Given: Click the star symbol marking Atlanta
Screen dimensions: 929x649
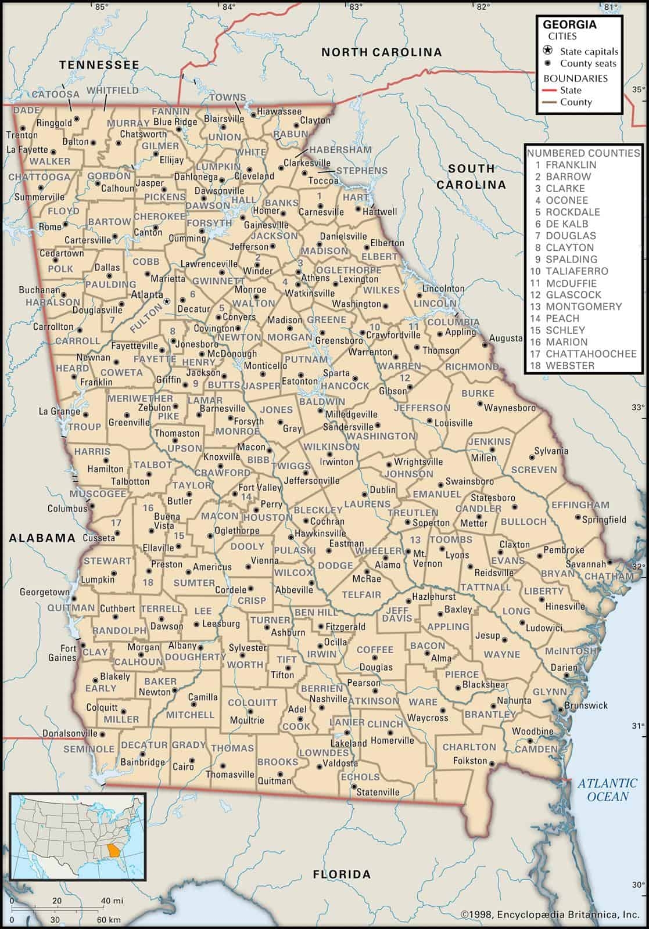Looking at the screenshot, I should click(167, 301).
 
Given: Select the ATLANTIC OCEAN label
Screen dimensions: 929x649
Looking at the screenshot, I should click(607, 790).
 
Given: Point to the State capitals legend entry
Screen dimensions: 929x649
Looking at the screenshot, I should click(589, 52).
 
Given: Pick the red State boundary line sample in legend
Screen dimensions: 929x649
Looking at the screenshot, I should click(550, 91).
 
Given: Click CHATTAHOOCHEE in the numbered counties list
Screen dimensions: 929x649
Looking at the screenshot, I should click(583, 354).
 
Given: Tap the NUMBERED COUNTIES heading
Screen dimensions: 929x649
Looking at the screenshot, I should click(583, 153).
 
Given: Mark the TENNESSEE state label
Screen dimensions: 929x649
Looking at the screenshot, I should click(99, 65).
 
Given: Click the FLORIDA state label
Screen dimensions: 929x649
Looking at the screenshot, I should click(341, 874).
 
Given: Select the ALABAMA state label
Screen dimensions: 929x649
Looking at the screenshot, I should click(42, 538).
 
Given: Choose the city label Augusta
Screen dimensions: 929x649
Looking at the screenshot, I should click(505, 339).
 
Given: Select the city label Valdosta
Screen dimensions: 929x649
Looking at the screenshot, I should click(340, 763).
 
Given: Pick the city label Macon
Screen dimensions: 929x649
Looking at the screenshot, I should click(250, 447).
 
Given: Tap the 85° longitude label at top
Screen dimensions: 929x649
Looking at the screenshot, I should click(102, 6).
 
